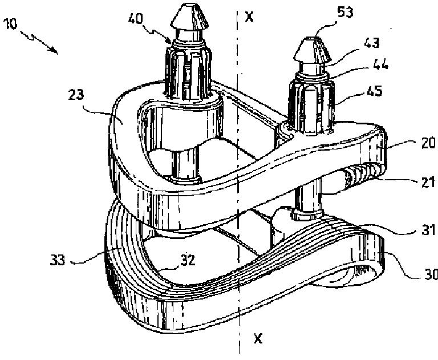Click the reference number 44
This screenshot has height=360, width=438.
tap(380, 66)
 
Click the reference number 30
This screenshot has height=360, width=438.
tap(429, 275)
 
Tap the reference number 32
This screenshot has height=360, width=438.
tap(188, 260)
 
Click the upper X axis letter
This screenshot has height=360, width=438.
tap(249, 17)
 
